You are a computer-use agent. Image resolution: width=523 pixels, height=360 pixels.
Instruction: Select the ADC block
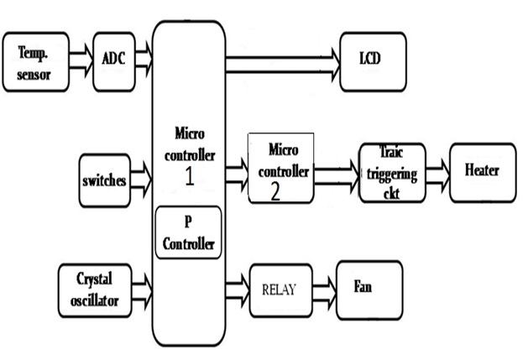click(114, 60)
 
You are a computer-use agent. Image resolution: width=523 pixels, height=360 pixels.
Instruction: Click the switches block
click(105, 180)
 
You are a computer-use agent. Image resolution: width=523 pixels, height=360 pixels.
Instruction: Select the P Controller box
click(188, 232)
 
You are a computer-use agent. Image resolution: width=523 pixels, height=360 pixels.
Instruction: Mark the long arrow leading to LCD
click(281, 58)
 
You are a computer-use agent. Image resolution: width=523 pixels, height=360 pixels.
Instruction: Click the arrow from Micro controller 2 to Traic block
click(336, 170)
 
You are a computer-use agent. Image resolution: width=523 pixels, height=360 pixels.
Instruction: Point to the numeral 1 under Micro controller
click(189, 177)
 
